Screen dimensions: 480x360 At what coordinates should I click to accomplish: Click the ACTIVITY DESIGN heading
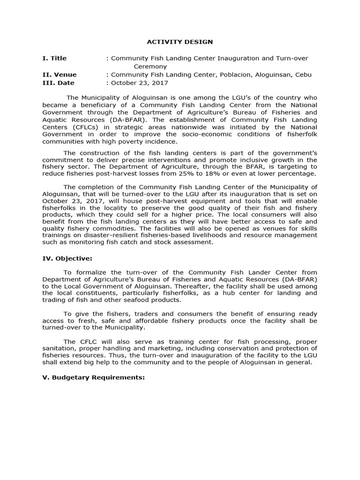point(180,42)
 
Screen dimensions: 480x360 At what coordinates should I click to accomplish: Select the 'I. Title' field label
point(54,58)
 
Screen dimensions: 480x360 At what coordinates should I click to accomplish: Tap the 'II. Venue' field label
point(60,75)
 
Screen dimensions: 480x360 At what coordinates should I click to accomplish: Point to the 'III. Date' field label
point(59,83)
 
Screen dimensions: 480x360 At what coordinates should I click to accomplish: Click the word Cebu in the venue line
point(302,75)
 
